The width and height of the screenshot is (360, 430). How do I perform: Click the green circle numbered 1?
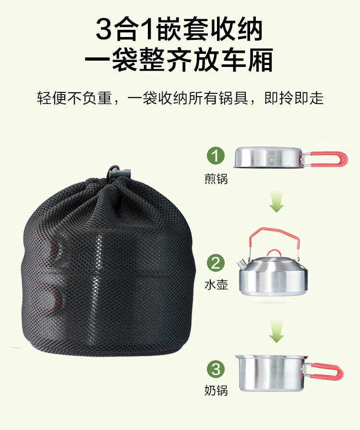(216, 155)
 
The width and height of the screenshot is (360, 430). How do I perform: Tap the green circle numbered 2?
(216, 263)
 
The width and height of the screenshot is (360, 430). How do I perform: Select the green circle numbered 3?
(216, 369)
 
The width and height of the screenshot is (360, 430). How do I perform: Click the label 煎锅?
(216, 179)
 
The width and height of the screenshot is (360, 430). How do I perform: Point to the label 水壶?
(216, 284)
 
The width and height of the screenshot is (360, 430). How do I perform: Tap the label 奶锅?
(216, 390)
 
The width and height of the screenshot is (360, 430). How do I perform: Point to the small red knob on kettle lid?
(273, 253)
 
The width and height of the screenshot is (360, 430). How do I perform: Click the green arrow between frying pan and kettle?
(276, 202)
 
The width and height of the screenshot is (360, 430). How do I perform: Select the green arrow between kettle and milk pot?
(276, 332)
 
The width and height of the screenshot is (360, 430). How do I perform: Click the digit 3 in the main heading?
(104, 29)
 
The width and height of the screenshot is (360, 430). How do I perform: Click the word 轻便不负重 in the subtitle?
(74, 98)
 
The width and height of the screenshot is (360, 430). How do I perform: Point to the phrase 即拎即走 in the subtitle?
(294, 98)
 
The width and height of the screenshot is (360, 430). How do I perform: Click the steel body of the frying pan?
(268, 157)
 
